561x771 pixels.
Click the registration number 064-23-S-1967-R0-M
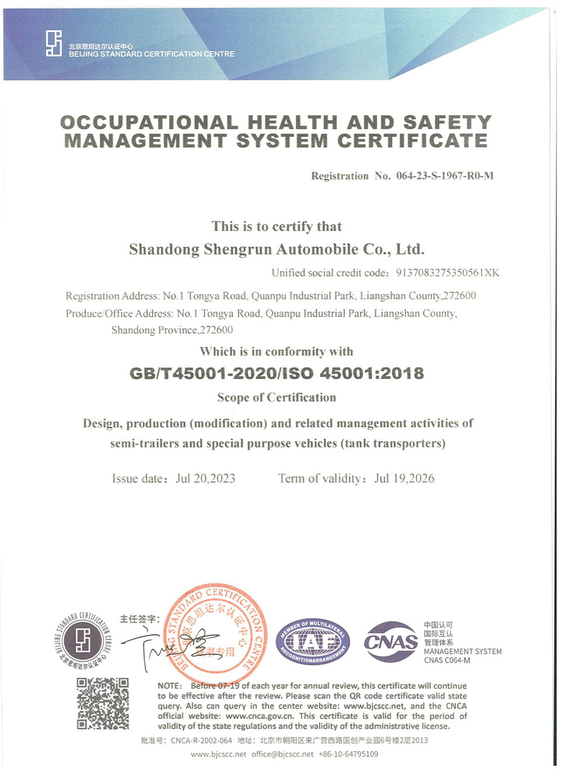pos(445,176)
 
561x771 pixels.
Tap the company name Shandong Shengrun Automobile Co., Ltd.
pos(277,250)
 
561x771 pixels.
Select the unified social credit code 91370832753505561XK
pos(447,272)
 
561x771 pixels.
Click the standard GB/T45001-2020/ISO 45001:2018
pos(277,373)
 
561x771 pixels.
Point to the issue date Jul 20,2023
pos(205,479)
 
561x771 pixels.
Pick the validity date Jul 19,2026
pos(405,479)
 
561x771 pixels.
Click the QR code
pos(103,703)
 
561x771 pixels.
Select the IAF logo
pos(313,642)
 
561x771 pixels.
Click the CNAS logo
pos(391,642)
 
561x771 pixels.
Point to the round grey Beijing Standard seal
pos(83,640)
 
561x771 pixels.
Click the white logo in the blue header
pos(54,44)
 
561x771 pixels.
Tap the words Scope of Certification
pos(277,398)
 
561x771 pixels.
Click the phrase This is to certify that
pos(277,226)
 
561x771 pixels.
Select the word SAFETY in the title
pos(447,122)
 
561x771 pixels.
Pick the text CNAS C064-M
pos(447,660)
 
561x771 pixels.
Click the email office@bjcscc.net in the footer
pos(283,754)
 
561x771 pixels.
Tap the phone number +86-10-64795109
pos(349,754)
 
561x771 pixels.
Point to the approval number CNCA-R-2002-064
pos(201,741)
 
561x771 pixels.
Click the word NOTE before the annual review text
pos(169,686)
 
